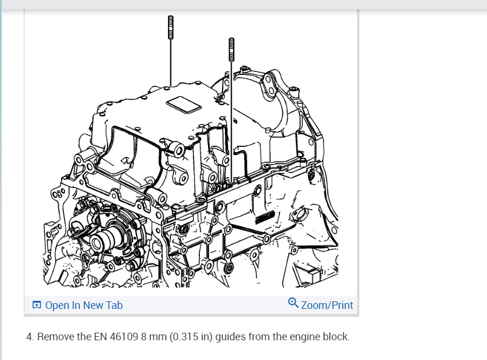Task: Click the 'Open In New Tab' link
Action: tap(84, 305)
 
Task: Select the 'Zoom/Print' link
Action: tap(327, 305)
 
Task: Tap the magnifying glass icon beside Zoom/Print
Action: tap(293, 303)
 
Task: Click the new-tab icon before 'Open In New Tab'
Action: tap(37, 305)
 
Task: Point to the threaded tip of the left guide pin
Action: tap(170, 27)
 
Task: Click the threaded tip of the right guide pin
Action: tap(231, 50)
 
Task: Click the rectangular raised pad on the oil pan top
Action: tap(184, 105)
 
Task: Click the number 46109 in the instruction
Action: tap(124, 337)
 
